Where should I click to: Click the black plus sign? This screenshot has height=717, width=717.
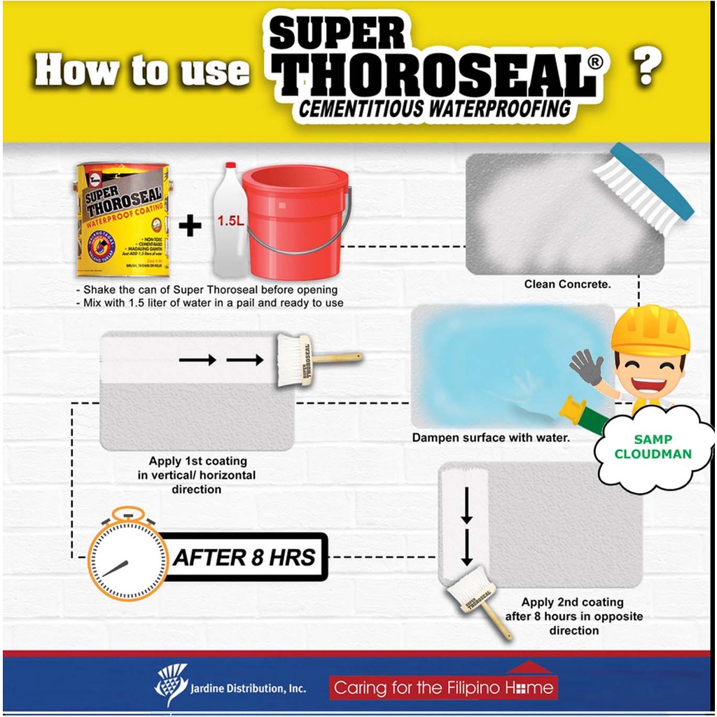tap(190, 225)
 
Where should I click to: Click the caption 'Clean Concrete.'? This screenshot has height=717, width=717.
tap(567, 284)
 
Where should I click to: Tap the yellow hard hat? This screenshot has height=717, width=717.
tap(650, 329)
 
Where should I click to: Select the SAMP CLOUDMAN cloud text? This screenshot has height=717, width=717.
tap(653, 447)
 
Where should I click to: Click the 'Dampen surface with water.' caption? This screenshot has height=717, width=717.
tap(490, 438)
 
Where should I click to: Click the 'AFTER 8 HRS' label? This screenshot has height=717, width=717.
tap(244, 558)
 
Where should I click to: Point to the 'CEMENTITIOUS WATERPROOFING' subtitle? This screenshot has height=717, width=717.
tap(434, 109)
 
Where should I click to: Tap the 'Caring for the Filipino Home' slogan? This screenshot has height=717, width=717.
tap(443, 688)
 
